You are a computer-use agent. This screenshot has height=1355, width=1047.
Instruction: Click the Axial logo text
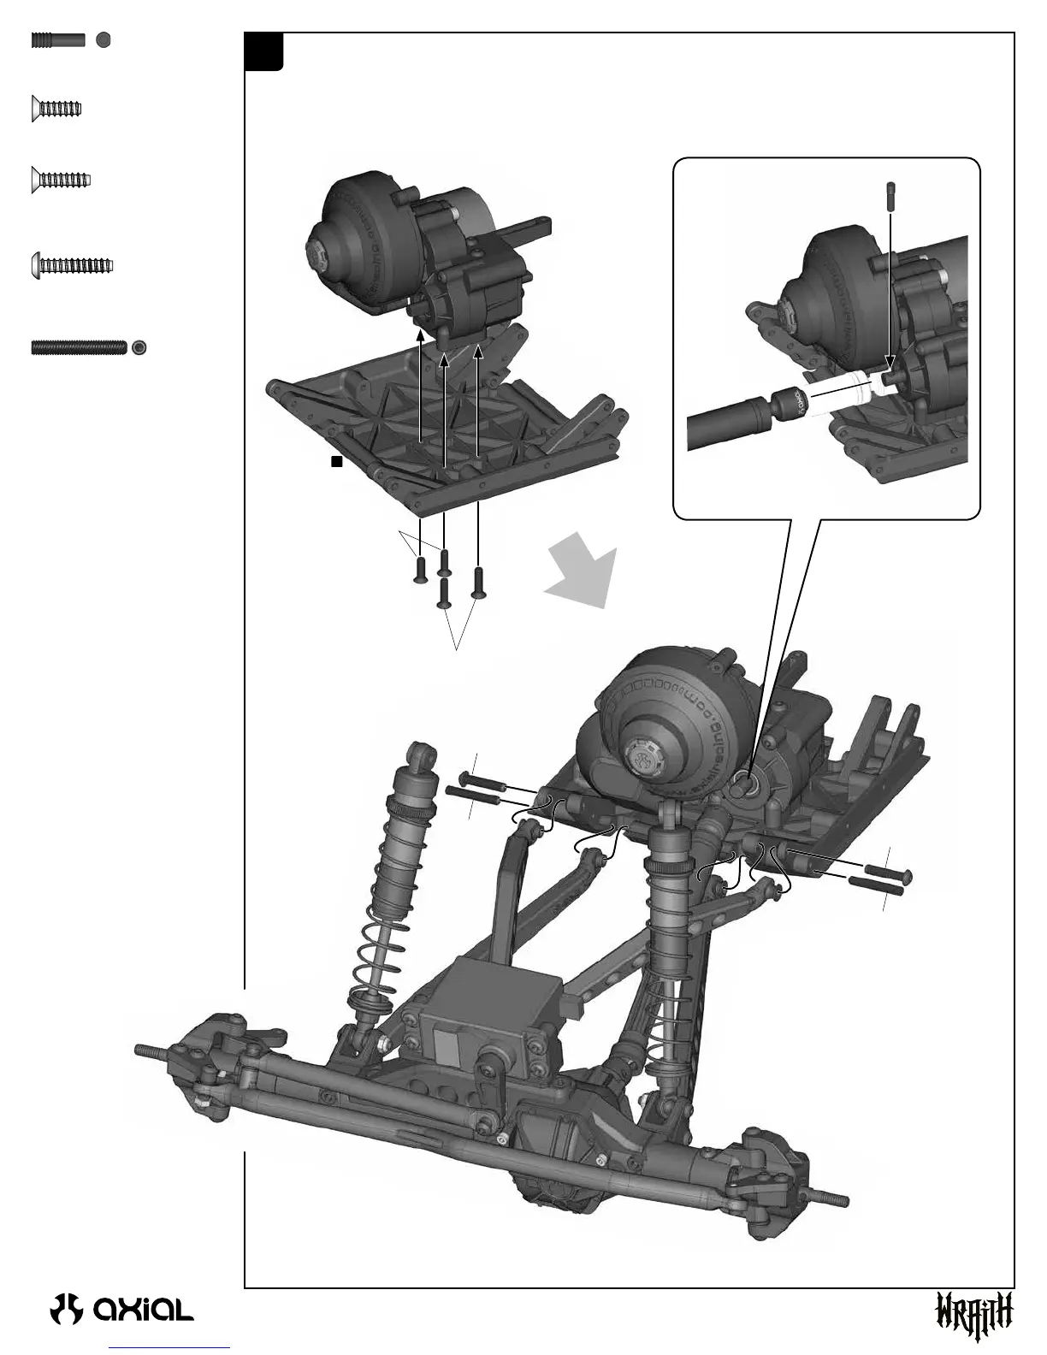tap(144, 1309)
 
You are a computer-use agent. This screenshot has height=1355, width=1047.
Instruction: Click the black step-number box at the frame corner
tap(263, 52)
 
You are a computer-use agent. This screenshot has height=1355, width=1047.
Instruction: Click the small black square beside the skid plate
tap(337, 462)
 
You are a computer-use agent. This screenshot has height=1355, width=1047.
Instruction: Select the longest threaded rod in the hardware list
tap(79, 346)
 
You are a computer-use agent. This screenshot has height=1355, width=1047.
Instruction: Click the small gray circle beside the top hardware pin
tap(103, 40)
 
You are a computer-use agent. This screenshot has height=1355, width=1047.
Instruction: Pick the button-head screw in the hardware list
tap(72, 265)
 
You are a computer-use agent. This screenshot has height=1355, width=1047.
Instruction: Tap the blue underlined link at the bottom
tap(170, 1349)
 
